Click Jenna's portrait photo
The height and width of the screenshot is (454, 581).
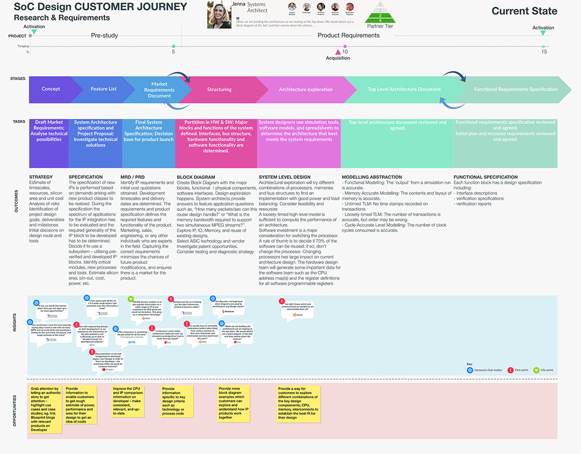point(219,15)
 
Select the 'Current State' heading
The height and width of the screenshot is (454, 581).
point(524,11)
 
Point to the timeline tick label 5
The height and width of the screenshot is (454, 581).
point(173,52)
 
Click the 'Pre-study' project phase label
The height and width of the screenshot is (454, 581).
point(104,36)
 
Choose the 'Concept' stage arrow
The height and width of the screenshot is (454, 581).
point(51,89)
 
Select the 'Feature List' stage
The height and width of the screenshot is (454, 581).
point(104,89)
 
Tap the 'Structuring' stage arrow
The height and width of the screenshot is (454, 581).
point(219,90)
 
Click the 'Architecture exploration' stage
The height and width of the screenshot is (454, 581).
point(306,90)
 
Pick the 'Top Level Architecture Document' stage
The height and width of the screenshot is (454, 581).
point(404,90)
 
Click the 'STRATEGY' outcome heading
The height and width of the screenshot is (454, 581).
point(41,177)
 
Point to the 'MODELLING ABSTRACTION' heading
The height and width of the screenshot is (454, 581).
point(372,177)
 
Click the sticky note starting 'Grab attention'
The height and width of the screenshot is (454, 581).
point(45,404)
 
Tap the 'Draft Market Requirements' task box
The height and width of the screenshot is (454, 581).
point(49,131)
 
